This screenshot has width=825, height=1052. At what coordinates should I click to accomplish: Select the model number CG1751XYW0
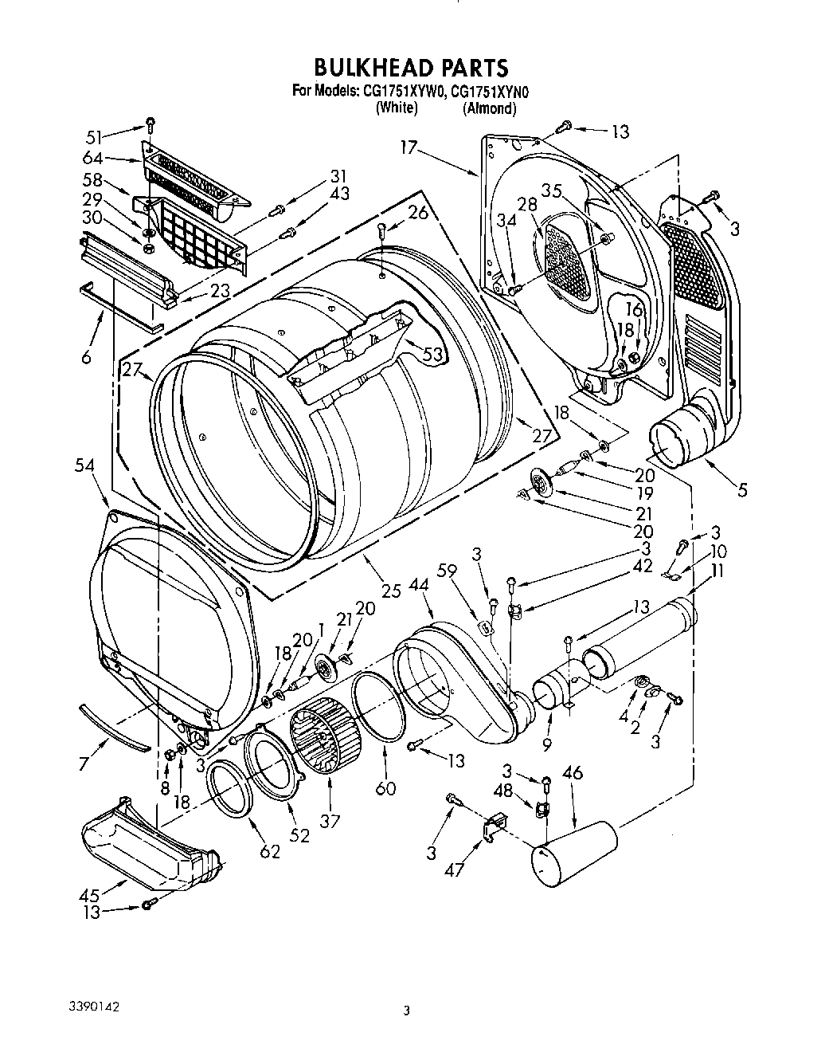(401, 92)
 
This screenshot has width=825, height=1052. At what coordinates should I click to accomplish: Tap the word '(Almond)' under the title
(489, 108)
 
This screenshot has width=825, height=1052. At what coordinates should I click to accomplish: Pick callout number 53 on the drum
(432, 354)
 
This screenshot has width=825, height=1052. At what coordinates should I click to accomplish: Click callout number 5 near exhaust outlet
(742, 490)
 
